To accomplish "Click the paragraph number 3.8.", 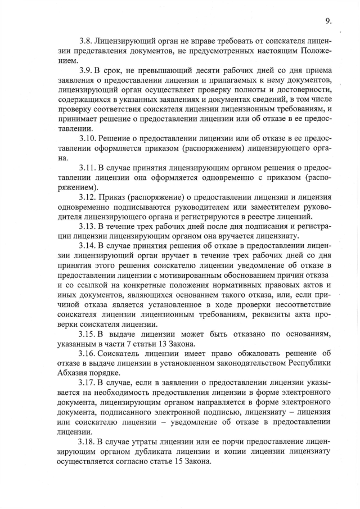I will (x=86, y=42).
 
